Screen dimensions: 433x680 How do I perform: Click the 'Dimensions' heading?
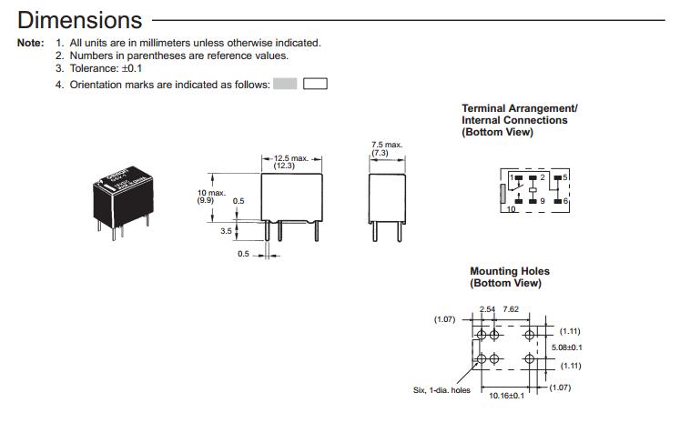(80, 19)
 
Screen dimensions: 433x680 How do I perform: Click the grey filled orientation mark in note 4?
(286, 84)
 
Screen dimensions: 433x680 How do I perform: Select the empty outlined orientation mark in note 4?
(315, 84)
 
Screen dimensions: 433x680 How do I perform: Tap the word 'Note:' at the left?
(30, 43)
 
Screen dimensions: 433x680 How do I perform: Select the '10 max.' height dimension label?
(211, 192)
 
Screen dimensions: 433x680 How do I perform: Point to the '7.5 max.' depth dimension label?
(386, 145)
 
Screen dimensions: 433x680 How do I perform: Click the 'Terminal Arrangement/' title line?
(520, 108)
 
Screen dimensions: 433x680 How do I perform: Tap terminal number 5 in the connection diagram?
(566, 176)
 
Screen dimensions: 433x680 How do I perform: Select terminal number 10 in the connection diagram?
(511, 209)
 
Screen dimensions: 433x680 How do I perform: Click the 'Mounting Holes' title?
(510, 271)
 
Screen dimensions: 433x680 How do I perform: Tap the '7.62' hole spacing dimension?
(512, 309)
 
